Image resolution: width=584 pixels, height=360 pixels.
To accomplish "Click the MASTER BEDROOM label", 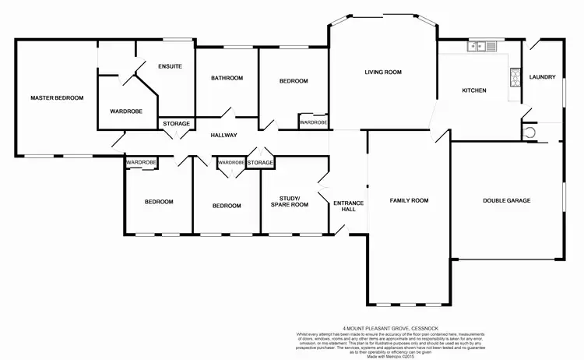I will (x=57, y=98).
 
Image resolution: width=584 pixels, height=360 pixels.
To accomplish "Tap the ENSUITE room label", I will (x=169, y=66).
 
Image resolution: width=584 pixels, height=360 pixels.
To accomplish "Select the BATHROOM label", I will (x=227, y=78).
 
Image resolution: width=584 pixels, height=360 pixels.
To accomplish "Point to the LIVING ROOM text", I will (x=382, y=72).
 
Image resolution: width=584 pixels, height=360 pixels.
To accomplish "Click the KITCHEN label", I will (x=474, y=91).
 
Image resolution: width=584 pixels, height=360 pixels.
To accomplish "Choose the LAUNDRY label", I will (x=541, y=77).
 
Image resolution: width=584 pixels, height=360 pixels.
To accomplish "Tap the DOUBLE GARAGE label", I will (x=507, y=200).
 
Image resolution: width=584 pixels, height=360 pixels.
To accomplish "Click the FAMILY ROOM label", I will (x=410, y=201).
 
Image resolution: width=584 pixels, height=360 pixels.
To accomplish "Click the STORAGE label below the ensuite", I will (x=176, y=123).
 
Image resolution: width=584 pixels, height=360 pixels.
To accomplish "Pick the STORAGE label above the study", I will (x=260, y=163).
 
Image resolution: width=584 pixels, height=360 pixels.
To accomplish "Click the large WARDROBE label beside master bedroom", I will (x=125, y=111).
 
